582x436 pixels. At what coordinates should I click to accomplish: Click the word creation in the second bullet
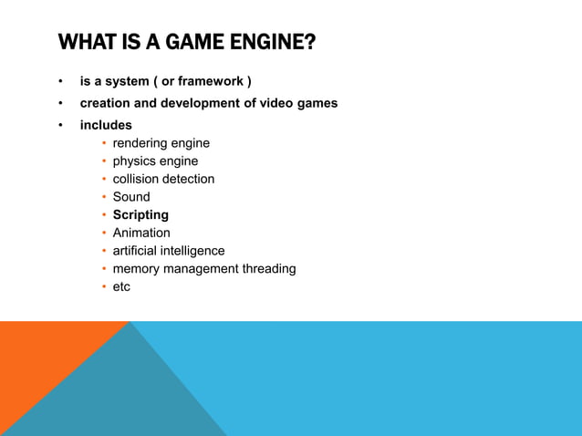click(x=106, y=103)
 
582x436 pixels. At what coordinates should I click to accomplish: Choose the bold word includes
click(x=106, y=125)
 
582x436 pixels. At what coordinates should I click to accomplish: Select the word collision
click(x=137, y=179)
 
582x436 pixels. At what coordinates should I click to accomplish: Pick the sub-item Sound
click(x=131, y=197)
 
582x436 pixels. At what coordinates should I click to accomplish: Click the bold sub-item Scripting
click(x=140, y=215)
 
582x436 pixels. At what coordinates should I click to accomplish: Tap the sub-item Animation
click(x=141, y=233)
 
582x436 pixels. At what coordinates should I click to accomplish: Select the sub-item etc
click(x=121, y=286)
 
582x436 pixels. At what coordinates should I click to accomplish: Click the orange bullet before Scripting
click(x=104, y=215)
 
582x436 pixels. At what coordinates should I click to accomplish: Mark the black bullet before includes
click(x=61, y=125)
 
